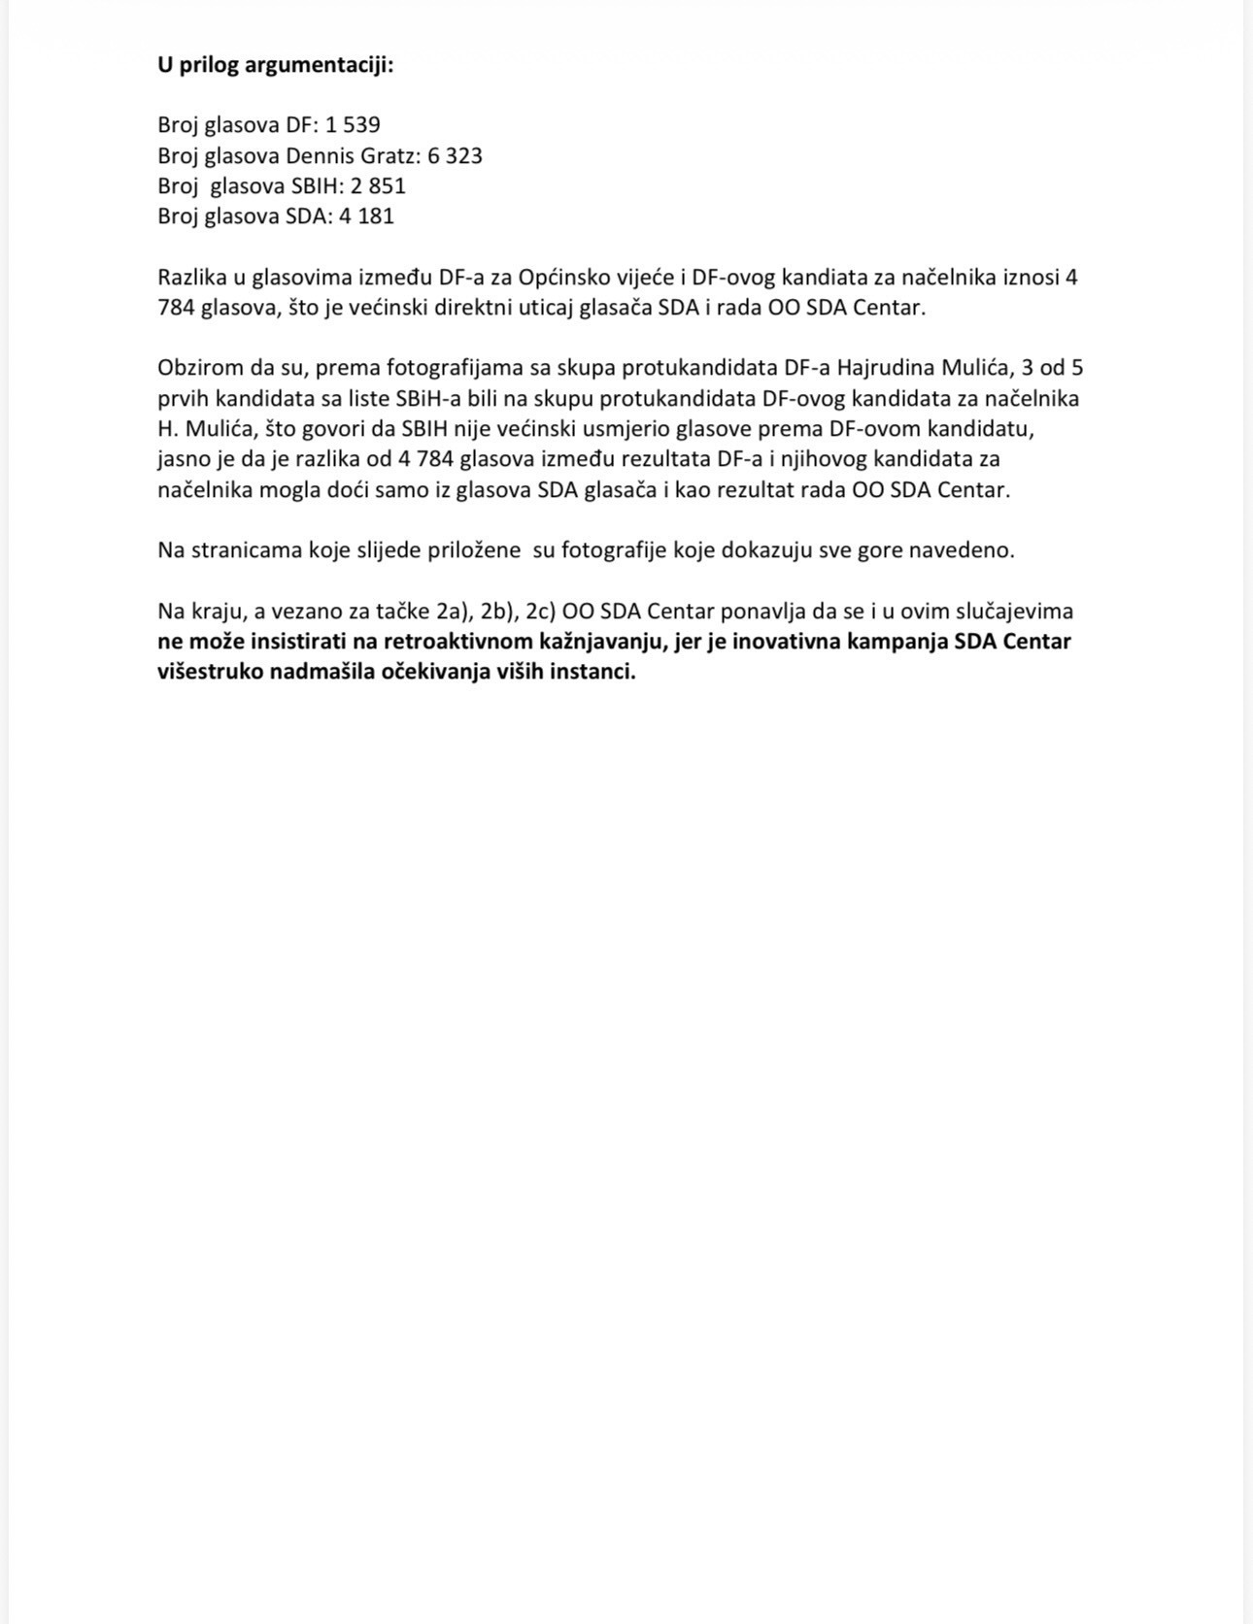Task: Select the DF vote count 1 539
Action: click(353, 124)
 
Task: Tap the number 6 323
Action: click(455, 155)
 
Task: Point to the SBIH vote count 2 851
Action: click(378, 185)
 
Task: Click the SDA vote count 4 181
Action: click(366, 215)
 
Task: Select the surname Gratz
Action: click(391, 155)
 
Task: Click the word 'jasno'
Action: click(184, 458)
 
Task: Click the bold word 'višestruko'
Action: click(208, 672)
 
